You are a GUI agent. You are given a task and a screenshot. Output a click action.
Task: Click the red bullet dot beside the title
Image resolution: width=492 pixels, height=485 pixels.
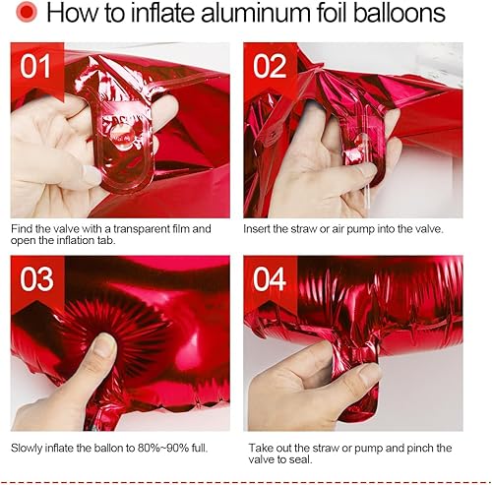(27, 12)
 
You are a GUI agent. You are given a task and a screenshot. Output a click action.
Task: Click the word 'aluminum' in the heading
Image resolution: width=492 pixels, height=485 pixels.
(255, 13)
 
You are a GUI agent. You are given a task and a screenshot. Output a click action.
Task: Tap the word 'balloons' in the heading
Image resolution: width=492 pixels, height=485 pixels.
(400, 13)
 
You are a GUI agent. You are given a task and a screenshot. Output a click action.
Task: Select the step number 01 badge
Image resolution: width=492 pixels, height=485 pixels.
(35, 66)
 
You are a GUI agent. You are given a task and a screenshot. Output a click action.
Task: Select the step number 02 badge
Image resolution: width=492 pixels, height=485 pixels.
(270, 66)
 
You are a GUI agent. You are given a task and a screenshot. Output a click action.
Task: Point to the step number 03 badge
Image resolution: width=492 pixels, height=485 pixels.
(36, 279)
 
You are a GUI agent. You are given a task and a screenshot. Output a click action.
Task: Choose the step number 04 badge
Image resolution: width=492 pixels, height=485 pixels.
(270, 279)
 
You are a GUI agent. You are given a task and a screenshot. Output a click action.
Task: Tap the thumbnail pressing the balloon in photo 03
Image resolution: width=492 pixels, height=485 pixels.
(102, 345)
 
